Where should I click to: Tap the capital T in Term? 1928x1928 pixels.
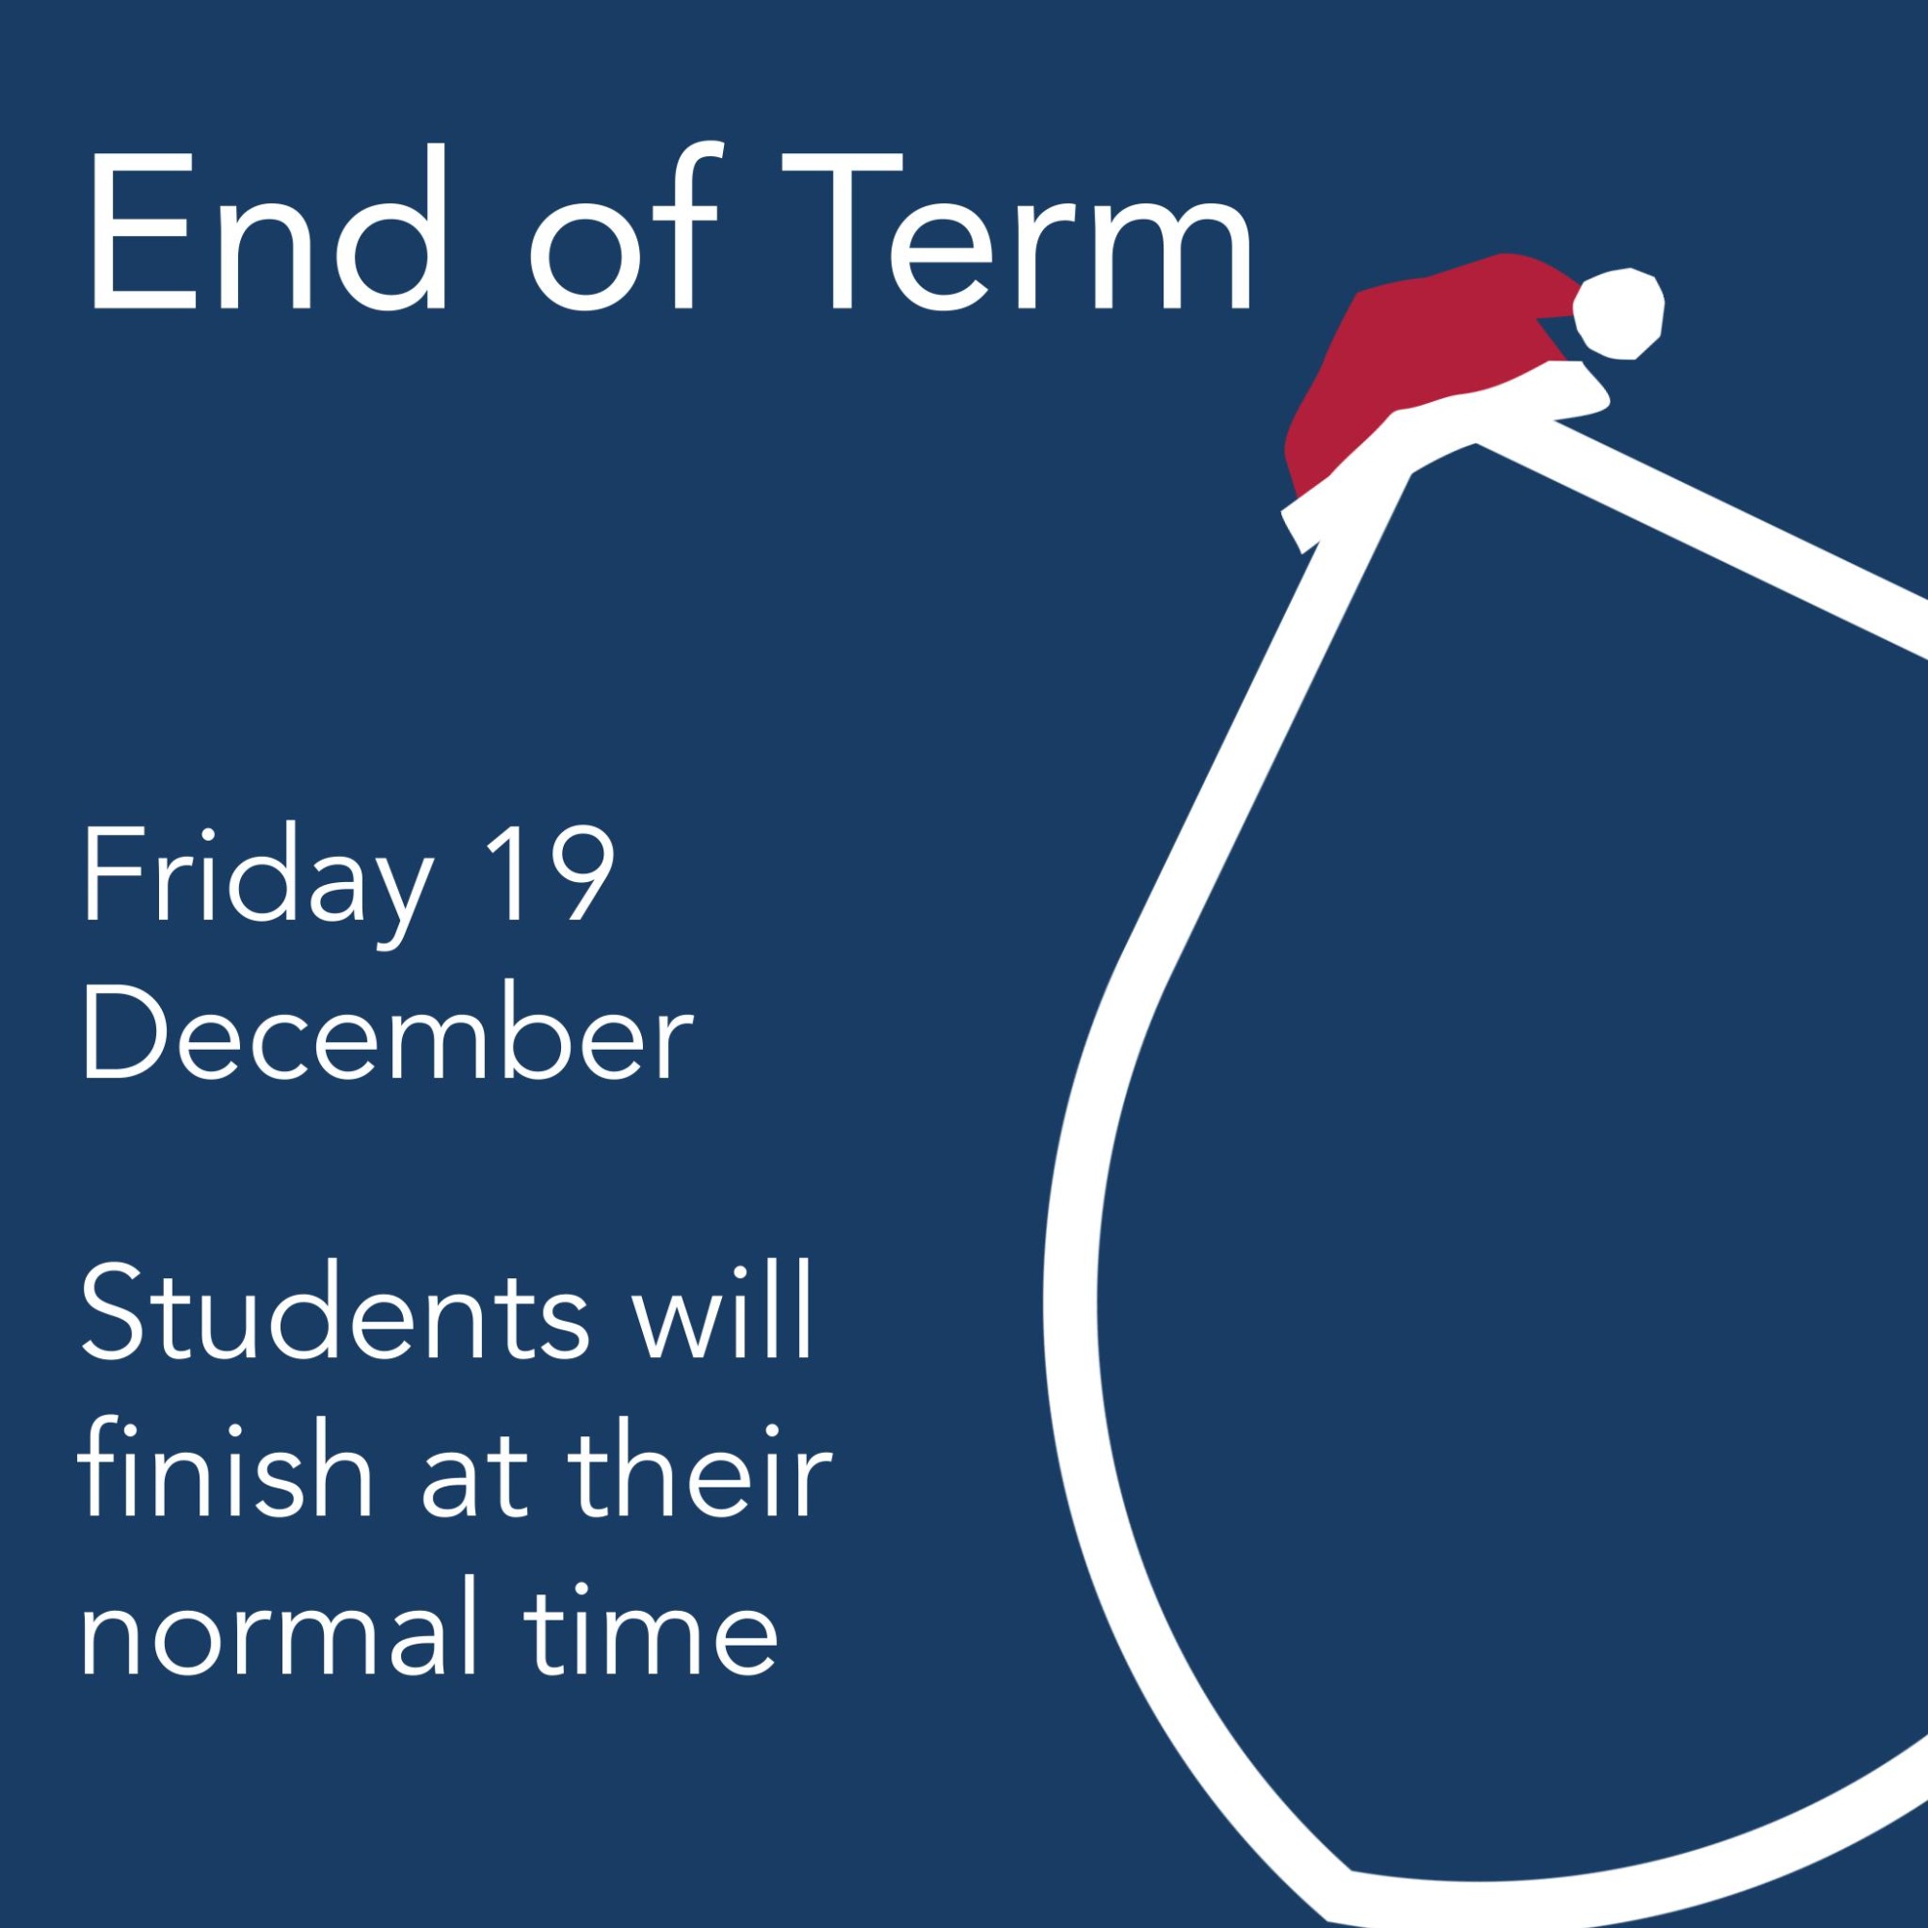tap(843, 231)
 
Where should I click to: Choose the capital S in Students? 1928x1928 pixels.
tap(119, 1309)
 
